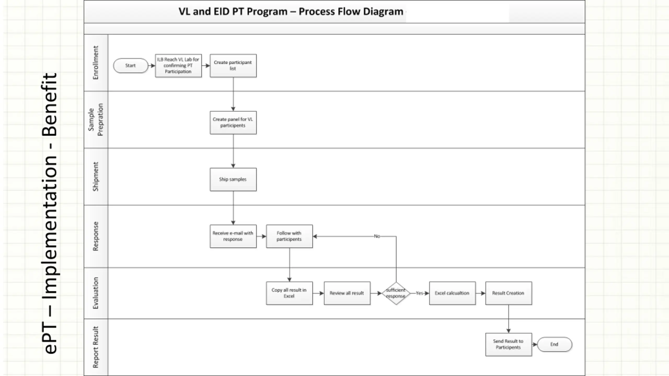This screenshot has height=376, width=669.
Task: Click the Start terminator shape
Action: [x=131, y=66]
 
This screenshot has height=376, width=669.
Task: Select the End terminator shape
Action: [x=554, y=344]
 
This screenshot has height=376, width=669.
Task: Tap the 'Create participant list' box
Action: [x=233, y=66]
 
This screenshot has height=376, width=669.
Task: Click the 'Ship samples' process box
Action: [x=233, y=179]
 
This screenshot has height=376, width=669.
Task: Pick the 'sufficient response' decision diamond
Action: [x=396, y=293]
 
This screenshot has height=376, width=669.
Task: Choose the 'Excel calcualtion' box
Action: [x=452, y=293]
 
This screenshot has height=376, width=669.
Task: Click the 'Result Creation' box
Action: [x=509, y=293]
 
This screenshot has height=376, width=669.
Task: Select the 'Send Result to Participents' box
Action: [x=509, y=344]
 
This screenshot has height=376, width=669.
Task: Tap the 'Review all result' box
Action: [x=347, y=293]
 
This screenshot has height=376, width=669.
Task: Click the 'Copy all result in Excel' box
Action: [x=289, y=293]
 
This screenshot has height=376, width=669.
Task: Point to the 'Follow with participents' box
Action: [x=289, y=236]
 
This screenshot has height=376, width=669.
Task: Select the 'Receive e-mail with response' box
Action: [x=233, y=236]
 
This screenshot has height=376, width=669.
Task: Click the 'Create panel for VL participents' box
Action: [x=233, y=123]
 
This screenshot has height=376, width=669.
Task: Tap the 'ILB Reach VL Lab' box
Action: [x=178, y=66]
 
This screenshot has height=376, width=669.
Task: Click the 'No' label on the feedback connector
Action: [x=377, y=236]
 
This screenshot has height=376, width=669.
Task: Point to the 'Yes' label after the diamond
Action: [x=419, y=293]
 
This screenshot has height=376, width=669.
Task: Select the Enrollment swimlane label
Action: [x=96, y=63]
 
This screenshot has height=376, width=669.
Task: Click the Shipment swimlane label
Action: [x=96, y=177]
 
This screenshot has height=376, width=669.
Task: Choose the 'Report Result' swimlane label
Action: [x=96, y=347]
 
